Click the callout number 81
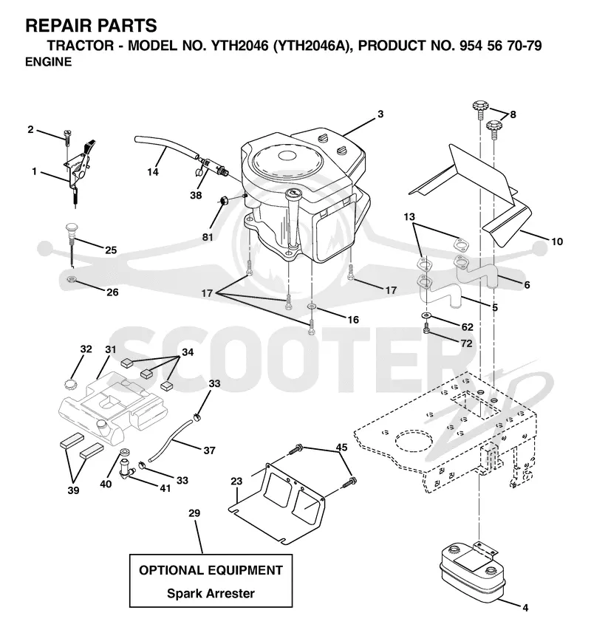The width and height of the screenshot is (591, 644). point(208,237)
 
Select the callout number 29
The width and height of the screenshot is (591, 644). point(194,513)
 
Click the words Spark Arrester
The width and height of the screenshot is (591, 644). point(211,593)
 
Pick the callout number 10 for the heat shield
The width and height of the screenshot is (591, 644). point(556,241)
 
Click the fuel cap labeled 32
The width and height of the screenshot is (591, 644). point(71,385)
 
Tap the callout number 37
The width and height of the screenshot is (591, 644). point(210,451)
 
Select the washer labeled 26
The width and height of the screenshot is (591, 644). point(72,281)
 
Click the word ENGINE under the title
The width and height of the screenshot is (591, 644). point(49,61)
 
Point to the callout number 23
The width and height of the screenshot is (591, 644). point(236,481)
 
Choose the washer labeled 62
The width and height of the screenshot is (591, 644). point(426,315)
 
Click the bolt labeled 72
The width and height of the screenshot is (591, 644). point(427,328)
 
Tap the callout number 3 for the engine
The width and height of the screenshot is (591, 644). point(380,114)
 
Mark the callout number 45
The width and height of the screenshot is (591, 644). point(341,448)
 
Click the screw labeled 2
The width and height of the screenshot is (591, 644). point(67,136)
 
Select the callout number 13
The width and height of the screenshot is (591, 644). point(409,216)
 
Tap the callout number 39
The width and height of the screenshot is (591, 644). point(74,490)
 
